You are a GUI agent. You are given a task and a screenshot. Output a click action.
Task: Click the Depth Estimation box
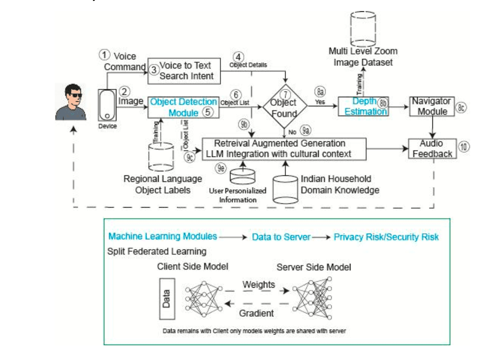[x=363, y=106]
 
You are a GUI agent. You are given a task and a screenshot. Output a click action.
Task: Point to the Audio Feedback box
[x=432, y=148]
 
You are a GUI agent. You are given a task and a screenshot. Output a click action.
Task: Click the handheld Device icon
[x=107, y=105]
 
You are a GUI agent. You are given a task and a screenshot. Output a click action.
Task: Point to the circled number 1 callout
[x=104, y=55]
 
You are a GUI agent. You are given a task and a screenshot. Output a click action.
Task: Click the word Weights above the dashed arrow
[x=259, y=285]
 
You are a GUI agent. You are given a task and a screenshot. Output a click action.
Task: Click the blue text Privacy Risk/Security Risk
[x=386, y=237]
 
